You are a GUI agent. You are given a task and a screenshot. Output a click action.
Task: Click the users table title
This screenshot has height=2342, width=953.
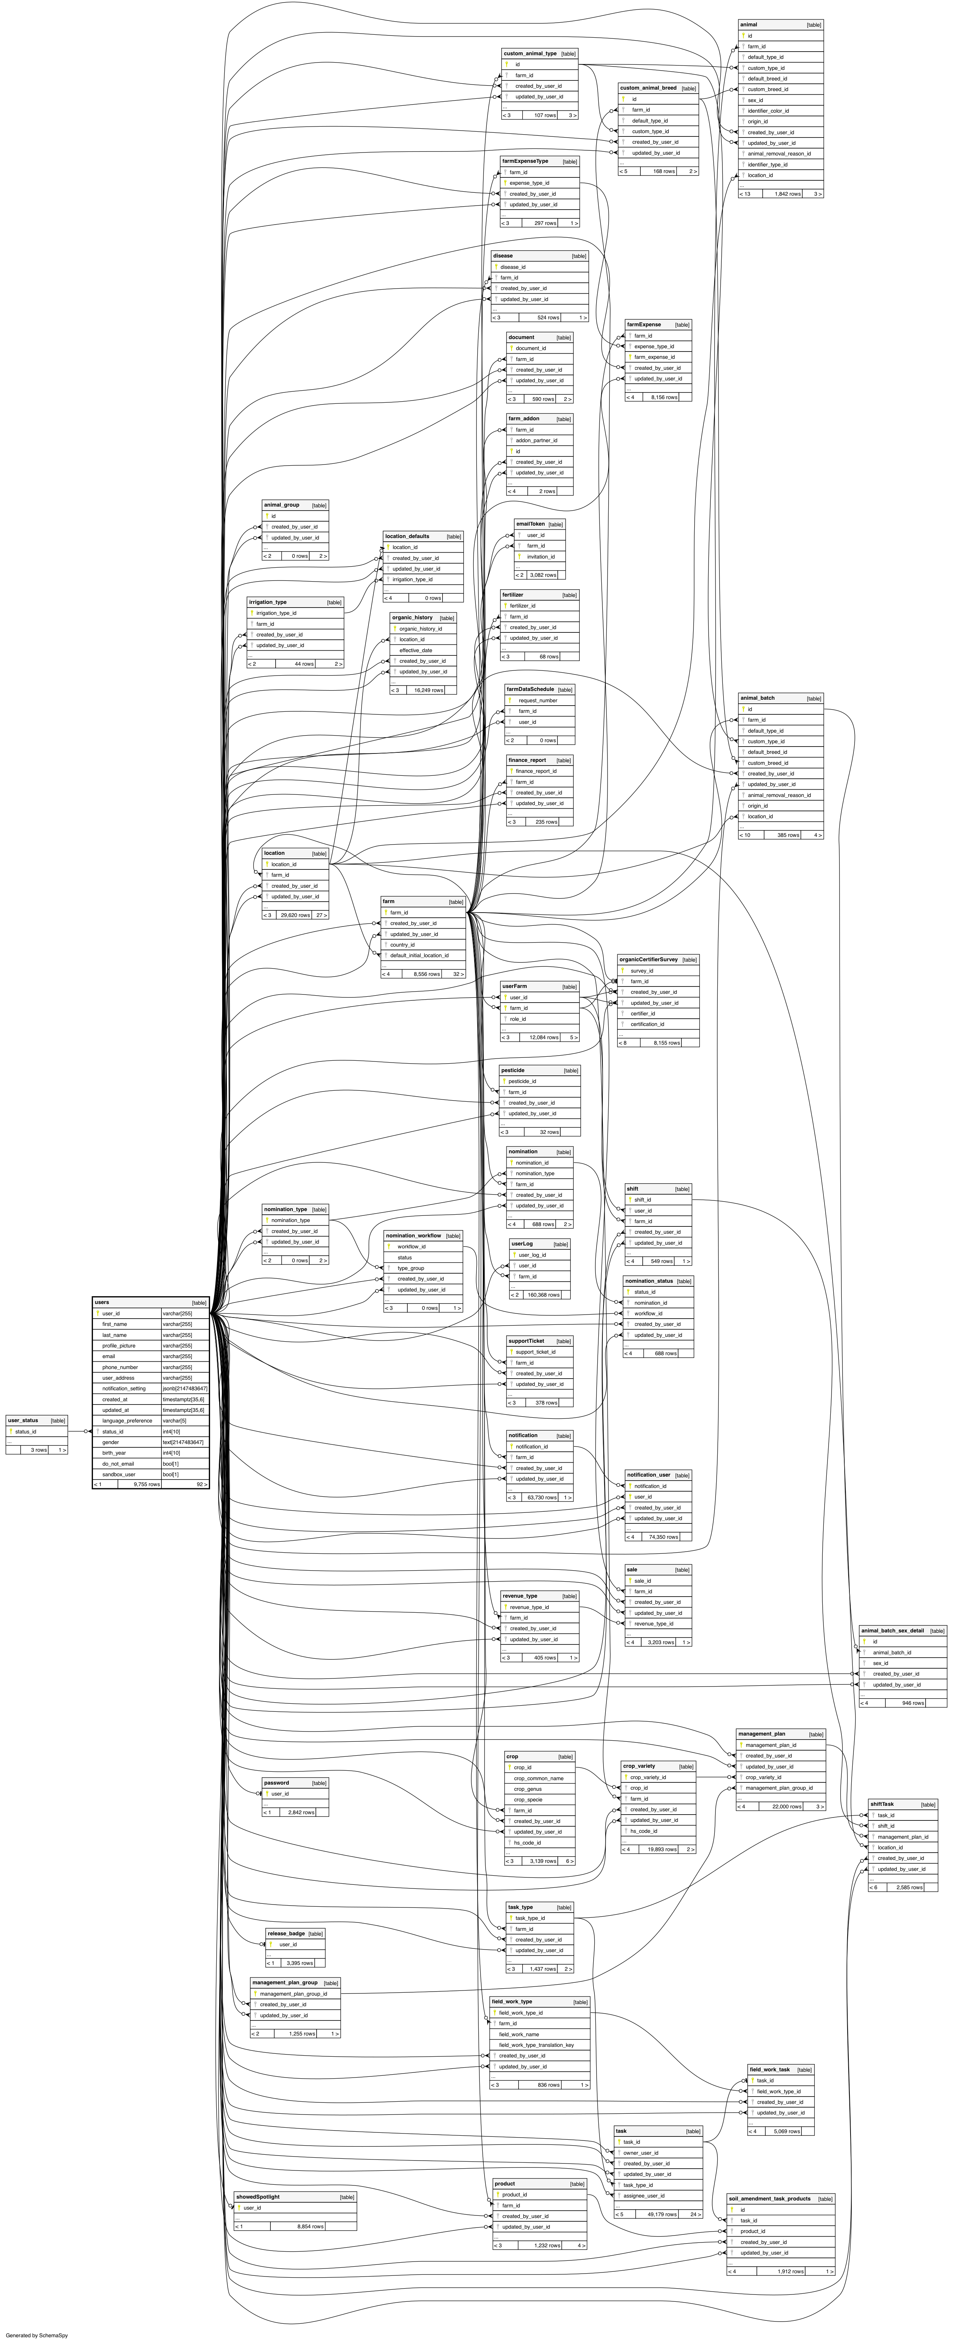(102, 1302)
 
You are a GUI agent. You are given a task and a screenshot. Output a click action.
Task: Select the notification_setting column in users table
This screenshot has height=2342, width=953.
(124, 1388)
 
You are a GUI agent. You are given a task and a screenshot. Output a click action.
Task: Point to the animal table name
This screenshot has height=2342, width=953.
(748, 25)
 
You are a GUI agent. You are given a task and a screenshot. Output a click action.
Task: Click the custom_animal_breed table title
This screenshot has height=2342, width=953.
(647, 88)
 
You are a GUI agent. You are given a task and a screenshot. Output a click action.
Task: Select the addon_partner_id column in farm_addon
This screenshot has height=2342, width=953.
(537, 440)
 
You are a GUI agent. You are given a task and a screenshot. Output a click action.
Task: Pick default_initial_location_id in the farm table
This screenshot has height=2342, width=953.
(418, 955)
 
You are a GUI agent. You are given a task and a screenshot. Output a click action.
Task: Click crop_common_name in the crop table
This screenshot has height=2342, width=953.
(538, 1777)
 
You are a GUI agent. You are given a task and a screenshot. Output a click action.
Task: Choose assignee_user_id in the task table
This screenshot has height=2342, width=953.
(644, 2196)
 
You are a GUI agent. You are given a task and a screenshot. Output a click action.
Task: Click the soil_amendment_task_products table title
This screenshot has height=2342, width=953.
(769, 2198)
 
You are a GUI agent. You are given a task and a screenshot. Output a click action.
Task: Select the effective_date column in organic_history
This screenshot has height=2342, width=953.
(416, 650)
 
